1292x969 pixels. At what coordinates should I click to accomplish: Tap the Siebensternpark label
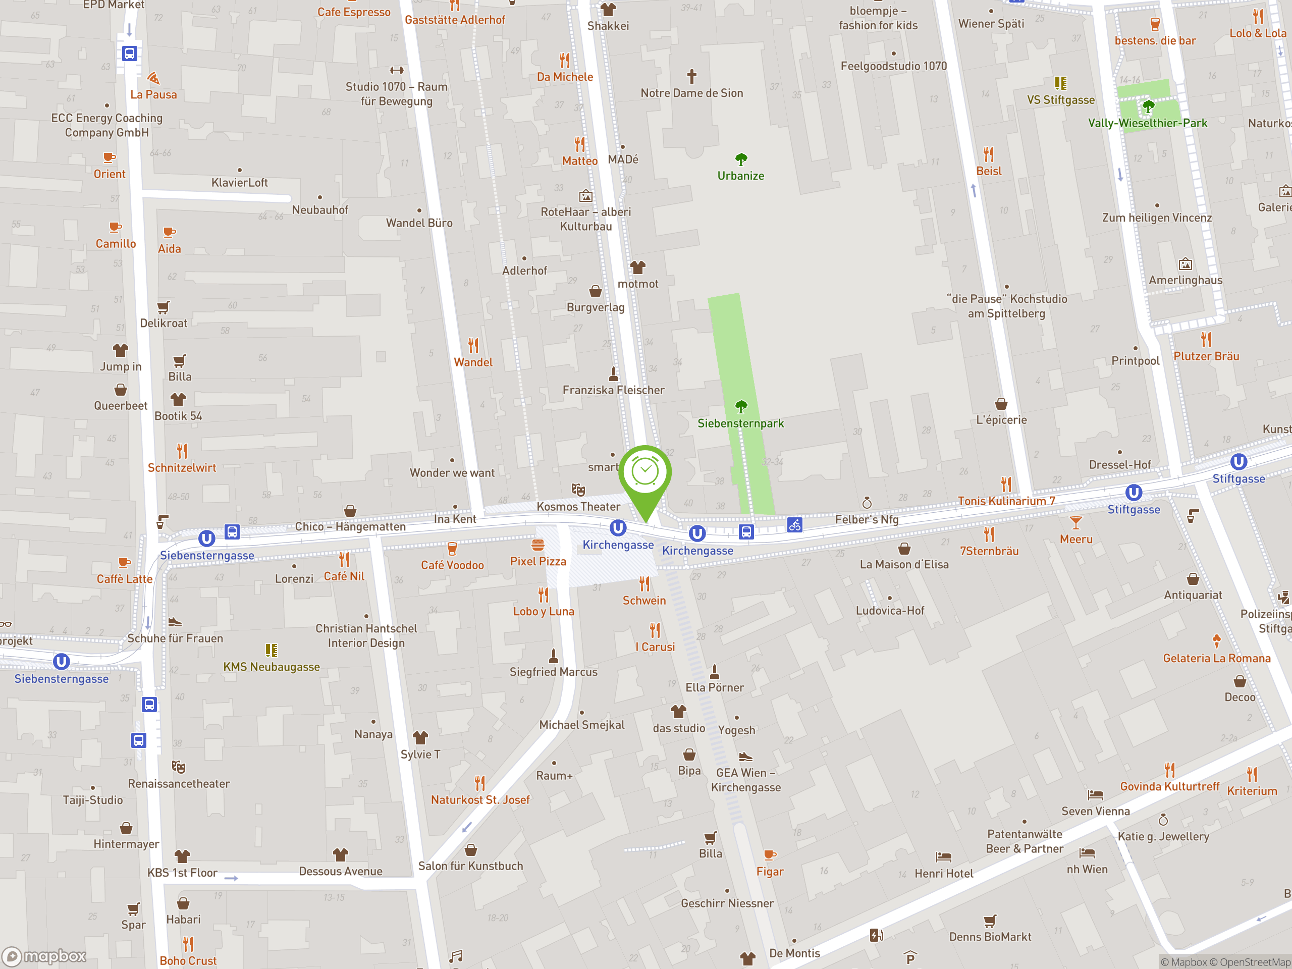(740, 423)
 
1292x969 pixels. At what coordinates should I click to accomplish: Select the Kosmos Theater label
(578, 506)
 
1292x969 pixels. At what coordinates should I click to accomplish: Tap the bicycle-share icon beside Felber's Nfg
(794, 525)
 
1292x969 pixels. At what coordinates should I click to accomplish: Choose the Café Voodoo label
(452, 565)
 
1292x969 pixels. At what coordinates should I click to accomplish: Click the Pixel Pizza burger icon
(538, 545)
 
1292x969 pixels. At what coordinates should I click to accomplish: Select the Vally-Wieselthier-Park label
(1147, 123)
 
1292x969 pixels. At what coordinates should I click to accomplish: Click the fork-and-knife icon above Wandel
(473, 346)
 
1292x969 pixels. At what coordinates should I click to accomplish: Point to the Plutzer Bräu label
(1206, 356)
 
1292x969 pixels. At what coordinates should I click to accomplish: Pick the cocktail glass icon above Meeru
(1076, 523)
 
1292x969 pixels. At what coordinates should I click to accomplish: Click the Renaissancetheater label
(179, 784)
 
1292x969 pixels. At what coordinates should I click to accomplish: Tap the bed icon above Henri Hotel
(943, 857)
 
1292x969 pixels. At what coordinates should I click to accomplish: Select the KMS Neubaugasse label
(272, 667)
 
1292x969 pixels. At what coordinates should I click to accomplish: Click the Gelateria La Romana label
(1217, 658)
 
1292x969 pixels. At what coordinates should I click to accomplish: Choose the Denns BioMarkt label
(990, 937)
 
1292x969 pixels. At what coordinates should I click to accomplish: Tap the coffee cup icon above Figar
(770, 855)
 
